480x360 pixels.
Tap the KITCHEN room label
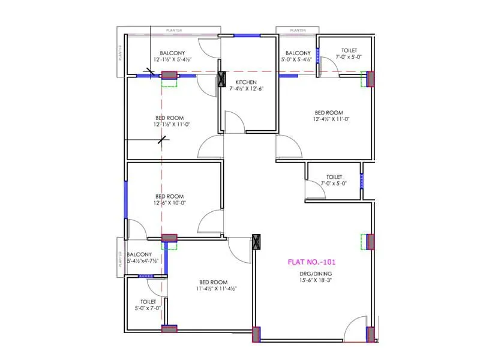tap(246, 82)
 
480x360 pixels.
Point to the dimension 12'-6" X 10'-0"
tap(169, 203)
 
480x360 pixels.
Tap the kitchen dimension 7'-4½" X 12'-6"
tap(246, 88)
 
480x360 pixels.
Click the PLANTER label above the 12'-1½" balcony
tap(175, 30)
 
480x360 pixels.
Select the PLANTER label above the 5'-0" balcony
tap(297, 30)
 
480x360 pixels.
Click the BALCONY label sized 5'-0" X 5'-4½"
tap(298, 53)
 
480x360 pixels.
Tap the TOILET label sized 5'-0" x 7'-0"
tap(148, 302)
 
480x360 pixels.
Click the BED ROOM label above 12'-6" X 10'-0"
tap(170, 196)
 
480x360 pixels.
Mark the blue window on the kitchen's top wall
tap(246, 35)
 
